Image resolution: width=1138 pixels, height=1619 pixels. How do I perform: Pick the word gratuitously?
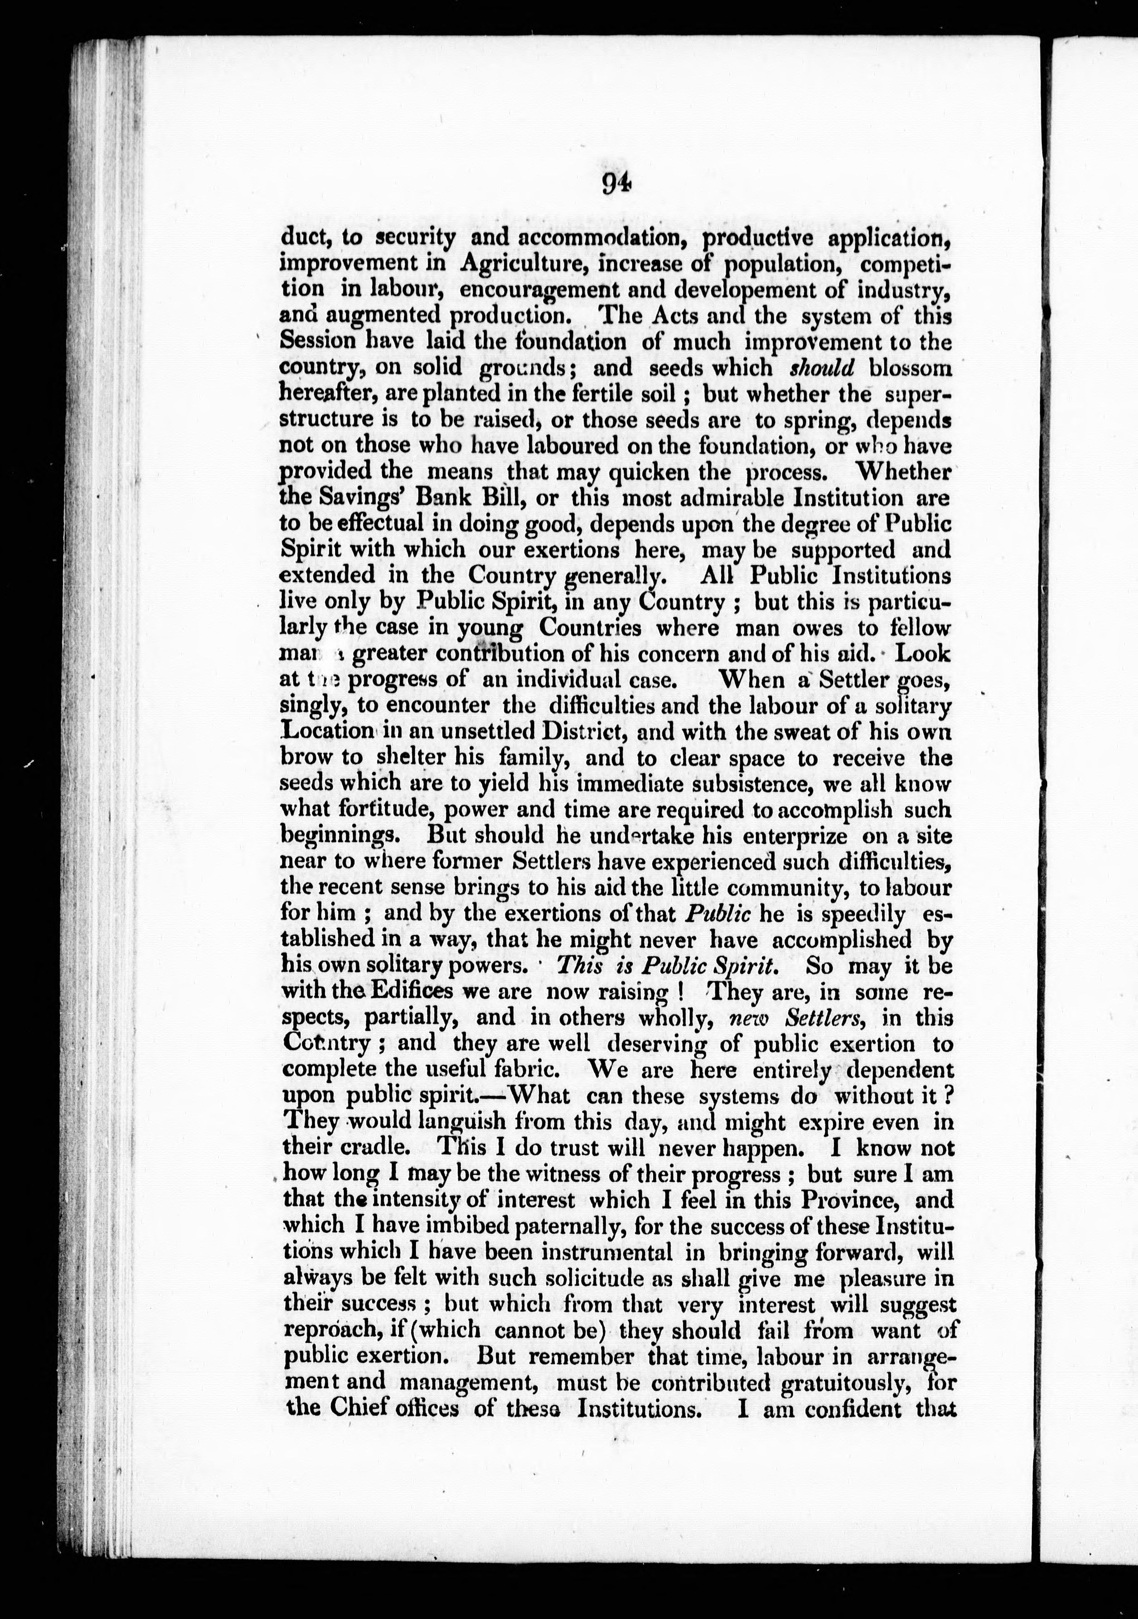tap(834, 1382)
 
